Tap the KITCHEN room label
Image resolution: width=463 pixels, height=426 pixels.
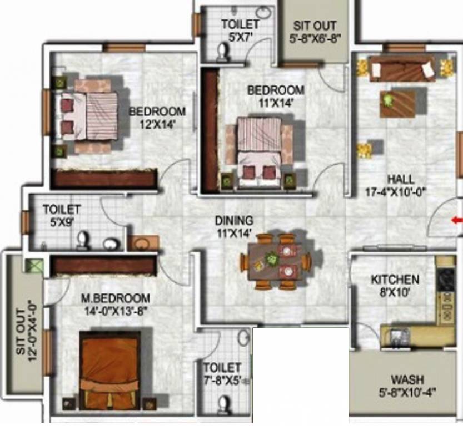coord(395,280)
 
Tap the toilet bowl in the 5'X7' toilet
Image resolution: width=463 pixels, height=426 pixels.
coord(223,53)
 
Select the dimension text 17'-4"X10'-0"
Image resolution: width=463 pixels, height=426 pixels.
coord(401,192)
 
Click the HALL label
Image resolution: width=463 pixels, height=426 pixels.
coord(401,180)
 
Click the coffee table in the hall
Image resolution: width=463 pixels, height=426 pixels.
coord(398,103)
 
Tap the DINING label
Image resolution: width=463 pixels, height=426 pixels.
coord(234,220)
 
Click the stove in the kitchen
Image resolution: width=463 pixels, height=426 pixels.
coord(446,278)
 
